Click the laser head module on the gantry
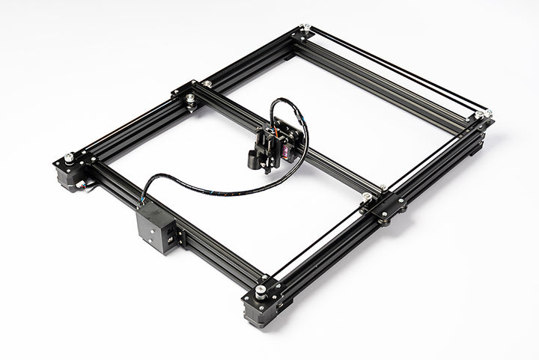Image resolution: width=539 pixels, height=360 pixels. (x=276, y=142)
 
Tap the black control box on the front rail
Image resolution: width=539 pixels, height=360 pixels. (x=156, y=228)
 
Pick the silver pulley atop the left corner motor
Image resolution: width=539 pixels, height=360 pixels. (x=70, y=158)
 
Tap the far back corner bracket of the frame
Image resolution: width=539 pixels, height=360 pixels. (x=302, y=32)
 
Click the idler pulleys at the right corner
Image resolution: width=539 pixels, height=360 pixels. (x=483, y=115)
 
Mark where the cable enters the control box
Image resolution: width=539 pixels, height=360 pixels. (x=145, y=204)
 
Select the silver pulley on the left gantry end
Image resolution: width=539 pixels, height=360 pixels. (x=192, y=97)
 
